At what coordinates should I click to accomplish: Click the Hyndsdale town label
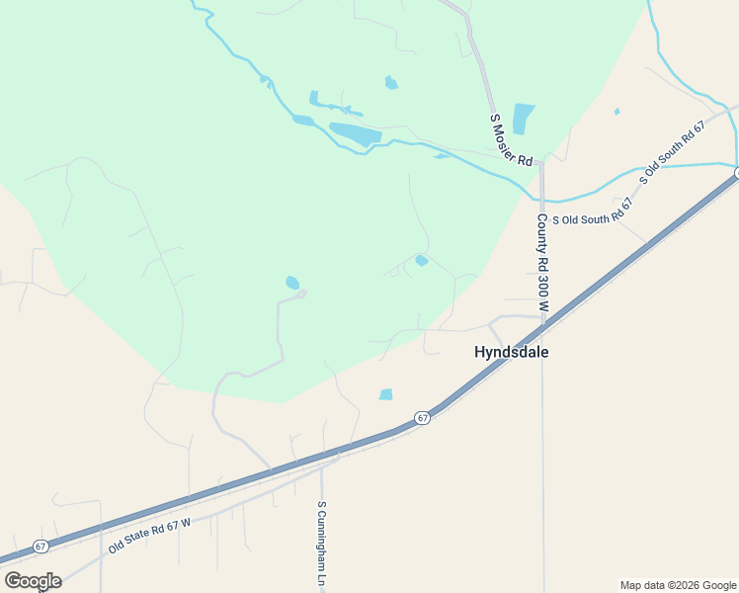511,352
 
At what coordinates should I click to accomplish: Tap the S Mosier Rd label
512,140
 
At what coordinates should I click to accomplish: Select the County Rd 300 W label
542,263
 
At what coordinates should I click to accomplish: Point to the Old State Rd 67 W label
149,535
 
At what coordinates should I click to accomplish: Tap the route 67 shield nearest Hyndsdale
422,418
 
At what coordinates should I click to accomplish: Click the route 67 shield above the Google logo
41,546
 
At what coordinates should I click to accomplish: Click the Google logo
33,581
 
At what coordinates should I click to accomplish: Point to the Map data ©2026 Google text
678,585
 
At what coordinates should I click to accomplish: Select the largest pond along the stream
355,133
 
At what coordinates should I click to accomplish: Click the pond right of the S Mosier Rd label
523,119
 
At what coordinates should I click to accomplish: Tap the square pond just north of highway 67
386,394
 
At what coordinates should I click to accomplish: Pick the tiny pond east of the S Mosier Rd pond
616,112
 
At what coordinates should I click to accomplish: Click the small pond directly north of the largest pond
391,83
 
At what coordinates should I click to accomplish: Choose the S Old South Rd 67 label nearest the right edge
675,153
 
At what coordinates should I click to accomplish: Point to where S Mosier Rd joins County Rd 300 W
540,163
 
